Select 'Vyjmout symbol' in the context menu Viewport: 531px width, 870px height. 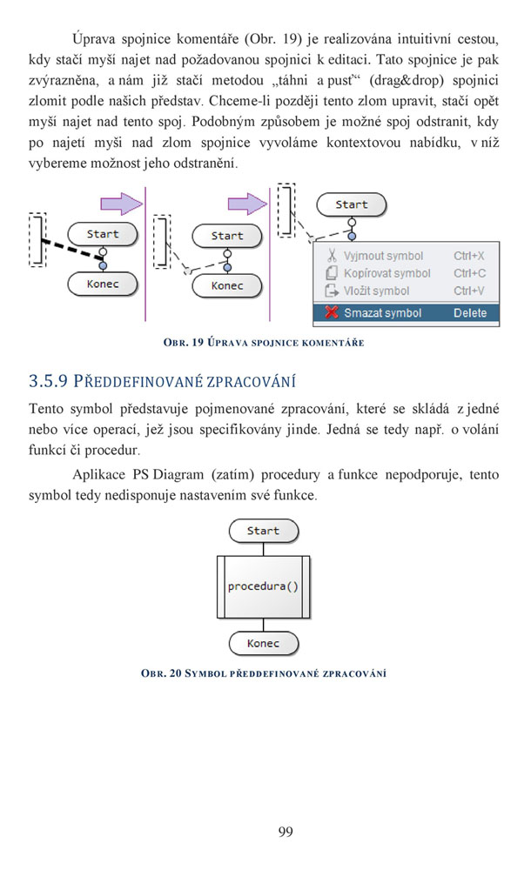tap(383, 256)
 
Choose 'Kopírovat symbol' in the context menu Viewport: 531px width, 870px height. tap(387, 273)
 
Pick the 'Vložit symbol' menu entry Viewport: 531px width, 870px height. tap(377, 291)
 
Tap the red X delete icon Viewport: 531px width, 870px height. tap(332, 312)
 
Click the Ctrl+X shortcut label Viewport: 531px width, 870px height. tap(469, 256)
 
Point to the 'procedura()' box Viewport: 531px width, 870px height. tap(263, 587)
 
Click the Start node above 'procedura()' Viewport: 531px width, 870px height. tap(263, 531)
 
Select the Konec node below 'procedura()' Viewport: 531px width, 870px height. tap(263, 644)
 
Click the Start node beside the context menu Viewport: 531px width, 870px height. tap(351, 204)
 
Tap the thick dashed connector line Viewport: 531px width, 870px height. tap(71, 249)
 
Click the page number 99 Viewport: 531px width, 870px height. tap(286, 831)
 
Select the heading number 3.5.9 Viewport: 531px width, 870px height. tap(49, 381)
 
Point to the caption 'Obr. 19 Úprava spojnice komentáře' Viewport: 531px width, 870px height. tap(264, 342)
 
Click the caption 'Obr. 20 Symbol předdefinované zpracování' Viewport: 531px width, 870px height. tap(264, 673)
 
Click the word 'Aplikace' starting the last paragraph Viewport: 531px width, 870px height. tap(99, 475)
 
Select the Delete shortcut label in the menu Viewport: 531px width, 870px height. tap(470, 313)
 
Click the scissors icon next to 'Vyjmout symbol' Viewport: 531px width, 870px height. tap(332, 255)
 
